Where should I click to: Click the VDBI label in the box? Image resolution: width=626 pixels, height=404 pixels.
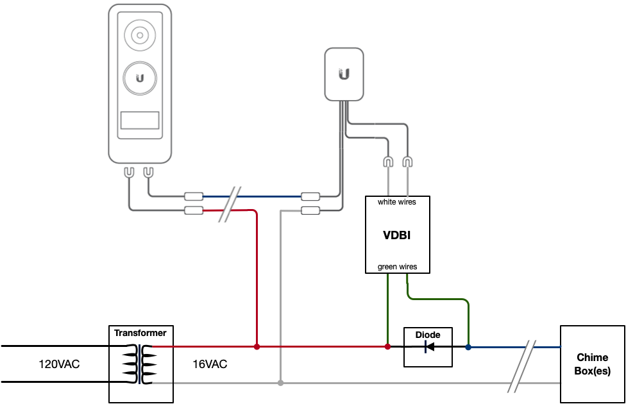coord(397,235)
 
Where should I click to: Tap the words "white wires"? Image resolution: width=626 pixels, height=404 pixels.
coord(397,202)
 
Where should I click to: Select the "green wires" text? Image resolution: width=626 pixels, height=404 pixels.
coord(397,267)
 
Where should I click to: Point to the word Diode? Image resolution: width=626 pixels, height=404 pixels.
coord(428,335)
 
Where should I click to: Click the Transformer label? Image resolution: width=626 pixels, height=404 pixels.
coord(140,333)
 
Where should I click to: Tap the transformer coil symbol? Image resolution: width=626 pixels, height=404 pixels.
coord(140,364)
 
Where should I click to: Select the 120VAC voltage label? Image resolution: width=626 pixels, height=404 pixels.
coord(59,364)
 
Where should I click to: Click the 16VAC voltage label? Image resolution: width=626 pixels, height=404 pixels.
coord(210,364)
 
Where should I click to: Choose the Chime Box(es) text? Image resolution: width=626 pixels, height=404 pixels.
coord(593,364)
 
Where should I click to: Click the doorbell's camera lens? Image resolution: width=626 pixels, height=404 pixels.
coord(140,35)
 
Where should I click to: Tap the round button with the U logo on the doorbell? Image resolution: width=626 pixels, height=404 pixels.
coord(140,78)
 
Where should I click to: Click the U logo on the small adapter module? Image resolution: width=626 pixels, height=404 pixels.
coord(344,74)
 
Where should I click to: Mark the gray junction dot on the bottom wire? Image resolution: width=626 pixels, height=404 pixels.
coord(281,383)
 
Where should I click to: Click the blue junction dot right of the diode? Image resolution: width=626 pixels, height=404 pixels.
coord(468,348)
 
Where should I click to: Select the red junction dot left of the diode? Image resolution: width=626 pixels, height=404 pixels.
coord(387,346)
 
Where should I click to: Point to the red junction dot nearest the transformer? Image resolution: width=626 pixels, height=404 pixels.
coord(257,346)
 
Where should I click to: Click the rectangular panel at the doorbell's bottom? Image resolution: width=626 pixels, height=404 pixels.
coord(140,120)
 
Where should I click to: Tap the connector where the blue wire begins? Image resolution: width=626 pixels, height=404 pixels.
coord(194,196)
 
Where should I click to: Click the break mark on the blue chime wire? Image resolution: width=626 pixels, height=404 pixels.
coord(522,366)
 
